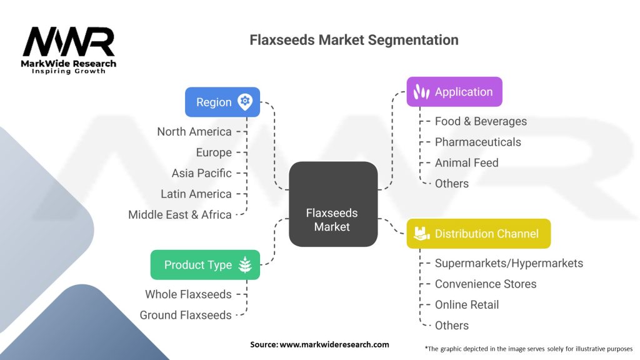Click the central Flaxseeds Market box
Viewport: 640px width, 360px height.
coord(333,204)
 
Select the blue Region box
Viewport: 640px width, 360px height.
coord(222,102)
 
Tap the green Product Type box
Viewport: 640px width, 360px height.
coord(205,265)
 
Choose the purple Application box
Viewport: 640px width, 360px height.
coord(454,92)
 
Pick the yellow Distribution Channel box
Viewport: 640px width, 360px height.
coord(479,234)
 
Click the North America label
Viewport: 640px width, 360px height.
coord(194,132)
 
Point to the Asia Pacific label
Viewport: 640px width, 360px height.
coord(202,173)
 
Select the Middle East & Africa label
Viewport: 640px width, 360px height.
coord(180,215)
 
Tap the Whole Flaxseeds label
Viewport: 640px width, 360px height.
coord(188,294)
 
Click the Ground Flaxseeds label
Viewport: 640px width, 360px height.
coord(186,315)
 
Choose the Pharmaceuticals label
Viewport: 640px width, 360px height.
coord(478,142)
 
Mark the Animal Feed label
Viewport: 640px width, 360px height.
coord(466,163)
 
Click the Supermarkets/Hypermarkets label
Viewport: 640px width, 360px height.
coord(509,263)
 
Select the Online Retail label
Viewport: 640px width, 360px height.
coord(467,305)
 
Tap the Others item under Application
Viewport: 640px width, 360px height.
coord(452,184)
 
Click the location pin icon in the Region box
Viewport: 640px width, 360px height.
coord(245,102)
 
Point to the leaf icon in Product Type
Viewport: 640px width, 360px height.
coord(245,265)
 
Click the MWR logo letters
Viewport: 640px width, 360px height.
coord(69,42)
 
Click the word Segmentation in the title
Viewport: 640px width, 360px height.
coord(413,40)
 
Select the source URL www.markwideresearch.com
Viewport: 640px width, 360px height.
coord(334,344)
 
